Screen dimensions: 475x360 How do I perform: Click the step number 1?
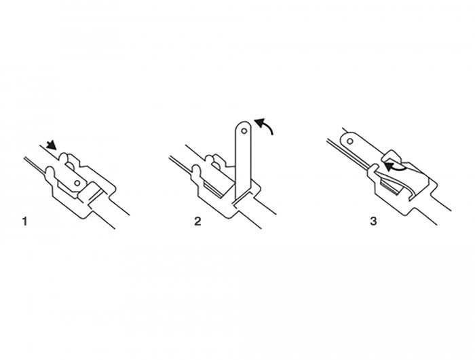[x=25, y=221]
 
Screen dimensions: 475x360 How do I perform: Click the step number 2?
[x=197, y=221]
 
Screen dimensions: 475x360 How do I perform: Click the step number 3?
[x=373, y=221]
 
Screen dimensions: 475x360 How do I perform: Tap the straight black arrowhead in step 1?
[x=52, y=145]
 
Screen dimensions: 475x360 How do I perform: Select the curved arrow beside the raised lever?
[x=265, y=124]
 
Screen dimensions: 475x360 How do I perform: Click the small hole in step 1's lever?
[x=77, y=183]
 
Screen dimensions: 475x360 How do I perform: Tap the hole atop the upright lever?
[x=244, y=131]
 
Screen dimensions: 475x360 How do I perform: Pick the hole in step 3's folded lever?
[x=350, y=141]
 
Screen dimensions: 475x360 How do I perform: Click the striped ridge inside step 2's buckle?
[x=214, y=190]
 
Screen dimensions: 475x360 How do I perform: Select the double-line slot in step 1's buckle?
[x=96, y=196]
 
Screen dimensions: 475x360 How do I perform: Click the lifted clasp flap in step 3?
[x=393, y=157]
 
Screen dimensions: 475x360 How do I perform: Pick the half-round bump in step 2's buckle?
[x=216, y=164]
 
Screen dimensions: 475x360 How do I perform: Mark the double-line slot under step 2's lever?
[x=242, y=198]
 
